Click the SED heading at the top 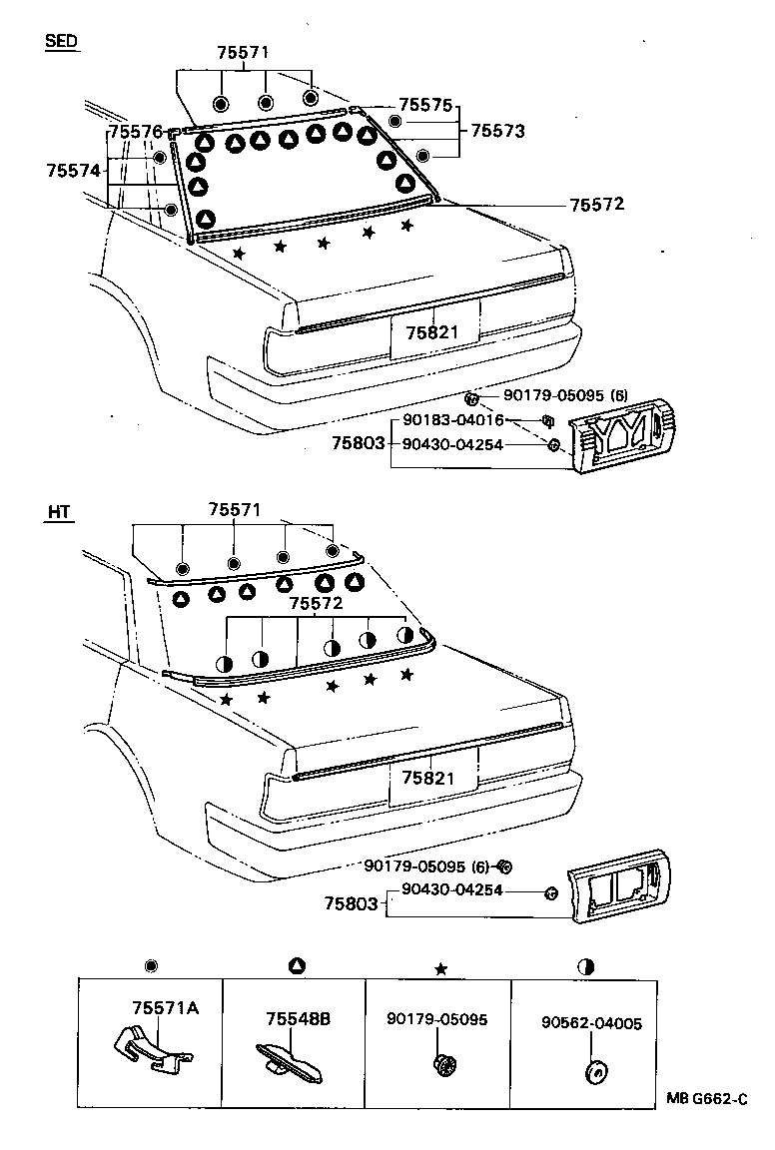coord(62,42)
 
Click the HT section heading coord(59,512)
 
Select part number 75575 coord(425,105)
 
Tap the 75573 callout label coord(497,131)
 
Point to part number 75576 coord(135,132)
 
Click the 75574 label coord(74,171)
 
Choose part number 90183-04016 coord(460,420)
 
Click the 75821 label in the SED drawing coord(433,332)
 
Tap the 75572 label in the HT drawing coord(316,604)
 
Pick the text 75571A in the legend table coord(165,1007)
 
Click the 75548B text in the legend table coord(298,1019)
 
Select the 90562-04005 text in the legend coord(592,1023)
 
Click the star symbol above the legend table coord(439,966)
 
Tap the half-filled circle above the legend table coord(586,966)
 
